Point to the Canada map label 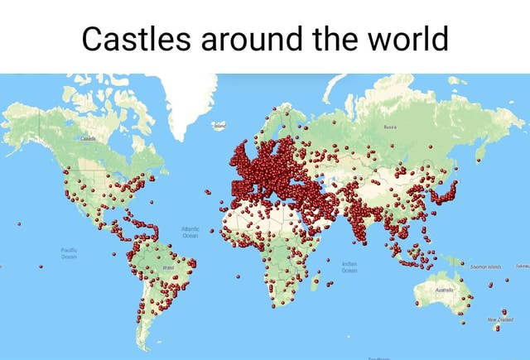coord(88,141)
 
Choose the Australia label coord(444,290)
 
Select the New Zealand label coord(500,317)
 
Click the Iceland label coord(219,126)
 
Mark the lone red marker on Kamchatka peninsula coord(479,151)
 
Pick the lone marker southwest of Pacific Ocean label coord(39,266)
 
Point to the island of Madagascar coord(316,284)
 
